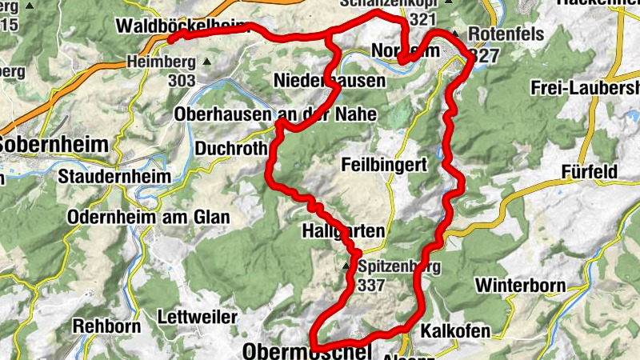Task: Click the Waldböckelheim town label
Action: [x=183, y=26]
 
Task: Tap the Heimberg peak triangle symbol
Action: [x=208, y=61]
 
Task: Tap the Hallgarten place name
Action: [x=344, y=232]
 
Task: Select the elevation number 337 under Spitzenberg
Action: [x=373, y=284]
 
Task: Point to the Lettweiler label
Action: [x=198, y=317]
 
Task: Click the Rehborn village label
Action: [x=106, y=326]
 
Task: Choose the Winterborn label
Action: [x=520, y=285]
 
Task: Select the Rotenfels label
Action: [x=505, y=34]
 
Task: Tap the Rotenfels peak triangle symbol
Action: [x=455, y=34]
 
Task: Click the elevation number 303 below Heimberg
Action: [x=182, y=80]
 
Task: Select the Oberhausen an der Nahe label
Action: [x=275, y=114]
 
